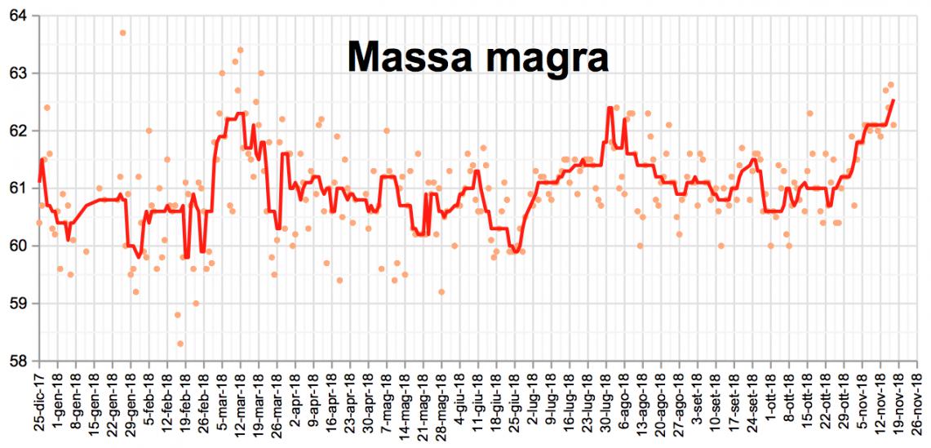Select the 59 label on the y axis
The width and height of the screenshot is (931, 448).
click(x=18, y=304)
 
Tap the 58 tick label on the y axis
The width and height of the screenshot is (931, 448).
click(x=18, y=362)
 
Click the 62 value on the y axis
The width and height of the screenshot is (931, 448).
click(x=18, y=131)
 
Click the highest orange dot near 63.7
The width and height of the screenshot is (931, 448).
click(x=122, y=33)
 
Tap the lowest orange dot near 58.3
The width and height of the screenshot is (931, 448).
click(x=180, y=344)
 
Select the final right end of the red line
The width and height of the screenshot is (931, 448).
click(x=894, y=100)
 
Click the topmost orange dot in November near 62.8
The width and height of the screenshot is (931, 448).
click(x=891, y=85)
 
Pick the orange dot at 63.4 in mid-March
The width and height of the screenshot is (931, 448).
click(x=240, y=50)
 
